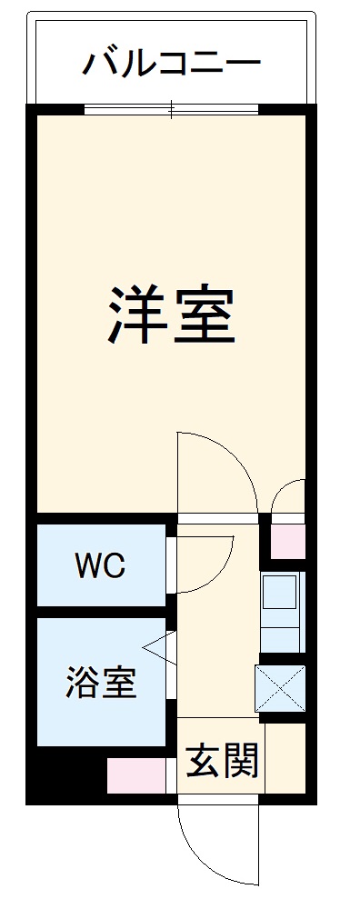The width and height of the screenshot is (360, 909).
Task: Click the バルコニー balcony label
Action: coord(173,64)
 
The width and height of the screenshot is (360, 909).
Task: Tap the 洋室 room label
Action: coord(173,314)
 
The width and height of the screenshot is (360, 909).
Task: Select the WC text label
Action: coord(100,567)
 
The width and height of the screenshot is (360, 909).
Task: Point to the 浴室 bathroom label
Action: coord(100,682)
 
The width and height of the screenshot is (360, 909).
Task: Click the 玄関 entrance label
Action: coord(224,760)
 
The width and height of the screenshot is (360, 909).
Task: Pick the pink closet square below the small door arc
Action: coord(290,542)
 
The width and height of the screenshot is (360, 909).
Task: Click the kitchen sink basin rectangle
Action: coord(281,593)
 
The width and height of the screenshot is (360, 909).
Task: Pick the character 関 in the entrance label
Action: coord(242,760)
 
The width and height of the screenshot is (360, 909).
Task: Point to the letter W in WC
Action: coord(88,567)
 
